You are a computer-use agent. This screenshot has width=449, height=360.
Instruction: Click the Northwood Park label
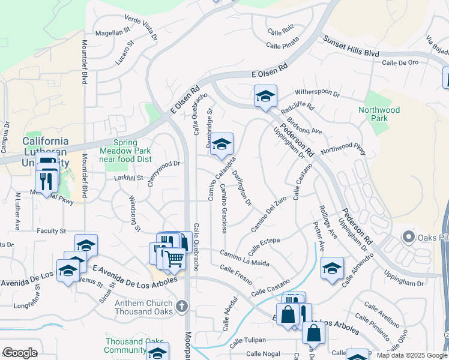pyautogui.click(x=379, y=114)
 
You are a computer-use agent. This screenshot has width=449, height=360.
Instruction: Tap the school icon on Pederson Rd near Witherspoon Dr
pyautogui.click(x=265, y=96)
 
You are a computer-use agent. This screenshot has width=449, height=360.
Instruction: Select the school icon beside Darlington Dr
pyautogui.click(x=221, y=145)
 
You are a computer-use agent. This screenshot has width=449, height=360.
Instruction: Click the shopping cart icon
pyautogui.click(x=174, y=259)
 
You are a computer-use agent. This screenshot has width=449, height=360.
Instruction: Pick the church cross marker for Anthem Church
pyautogui.click(x=182, y=307)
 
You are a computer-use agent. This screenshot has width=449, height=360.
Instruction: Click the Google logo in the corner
pyautogui.click(x=19, y=353)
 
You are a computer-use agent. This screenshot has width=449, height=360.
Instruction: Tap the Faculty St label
pyautogui.click(x=51, y=231)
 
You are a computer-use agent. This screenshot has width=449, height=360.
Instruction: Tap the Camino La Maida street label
pyautogui.click(x=245, y=258)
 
